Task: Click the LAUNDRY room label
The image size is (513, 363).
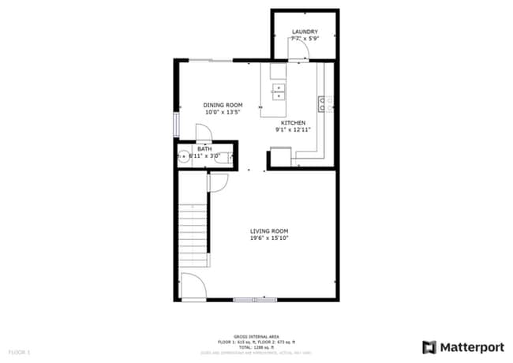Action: coord(305,32)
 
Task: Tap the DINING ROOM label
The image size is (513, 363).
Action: coord(223,105)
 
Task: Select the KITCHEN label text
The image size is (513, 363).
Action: coord(294,122)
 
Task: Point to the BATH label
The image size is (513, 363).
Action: coord(204,149)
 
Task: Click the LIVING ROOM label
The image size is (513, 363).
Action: coord(269,231)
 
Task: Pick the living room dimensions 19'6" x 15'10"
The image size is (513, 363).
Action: coord(269,238)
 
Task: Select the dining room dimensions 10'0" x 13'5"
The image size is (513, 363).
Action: coord(223,112)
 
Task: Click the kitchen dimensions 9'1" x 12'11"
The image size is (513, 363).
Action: coord(294,129)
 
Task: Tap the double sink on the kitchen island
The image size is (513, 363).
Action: coord(278,92)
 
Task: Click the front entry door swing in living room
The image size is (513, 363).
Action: coord(192,286)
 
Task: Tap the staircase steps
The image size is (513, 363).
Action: coord(193,233)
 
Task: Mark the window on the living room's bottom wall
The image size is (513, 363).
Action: coord(256,300)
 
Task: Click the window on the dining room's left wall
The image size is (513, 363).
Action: coord(177,124)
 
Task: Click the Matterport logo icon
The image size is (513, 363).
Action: coord(429,346)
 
